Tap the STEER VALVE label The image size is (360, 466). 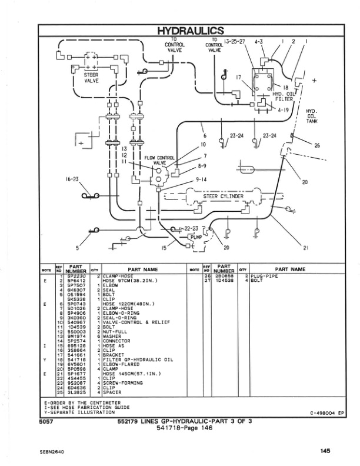[x=91, y=78]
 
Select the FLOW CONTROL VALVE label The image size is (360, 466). [x=159, y=161]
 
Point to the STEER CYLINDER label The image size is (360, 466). [x=218, y=197]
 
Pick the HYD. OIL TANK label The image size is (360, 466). [x=312, y=116]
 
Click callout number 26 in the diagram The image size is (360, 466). [x=317, y=145]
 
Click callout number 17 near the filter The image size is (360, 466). [x=239, y=78]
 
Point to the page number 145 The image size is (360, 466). [x=325, y=451]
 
